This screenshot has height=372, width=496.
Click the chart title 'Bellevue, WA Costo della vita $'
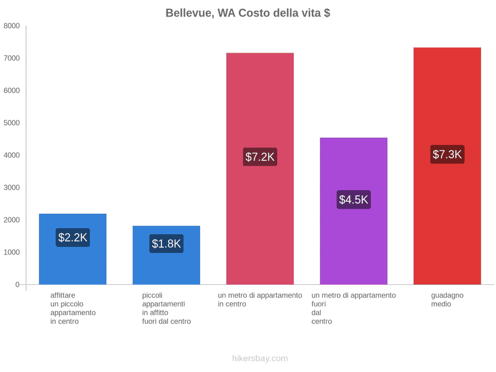247,13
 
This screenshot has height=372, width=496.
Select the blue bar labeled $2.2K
73,249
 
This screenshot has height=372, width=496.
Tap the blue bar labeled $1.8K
166,255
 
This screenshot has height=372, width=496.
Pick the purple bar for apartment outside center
354,211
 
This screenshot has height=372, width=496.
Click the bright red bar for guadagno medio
448,166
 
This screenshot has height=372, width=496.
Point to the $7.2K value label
260,157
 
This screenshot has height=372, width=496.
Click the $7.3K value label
448,154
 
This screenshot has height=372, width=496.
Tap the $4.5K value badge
354,200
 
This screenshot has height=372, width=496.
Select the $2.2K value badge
73,237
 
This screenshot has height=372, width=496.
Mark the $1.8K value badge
166,244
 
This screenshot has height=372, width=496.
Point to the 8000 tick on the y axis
12,26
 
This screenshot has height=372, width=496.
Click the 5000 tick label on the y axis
12,123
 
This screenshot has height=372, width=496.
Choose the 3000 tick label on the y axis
12,187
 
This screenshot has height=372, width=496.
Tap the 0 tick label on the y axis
18,285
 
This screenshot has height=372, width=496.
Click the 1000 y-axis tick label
12,252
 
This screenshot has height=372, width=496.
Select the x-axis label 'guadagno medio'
448,300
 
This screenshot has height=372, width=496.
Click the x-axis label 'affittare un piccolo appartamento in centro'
73,309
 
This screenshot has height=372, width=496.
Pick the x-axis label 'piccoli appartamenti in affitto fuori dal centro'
166,309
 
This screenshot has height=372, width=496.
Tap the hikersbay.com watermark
260,358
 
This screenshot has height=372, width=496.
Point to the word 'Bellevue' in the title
190,13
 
